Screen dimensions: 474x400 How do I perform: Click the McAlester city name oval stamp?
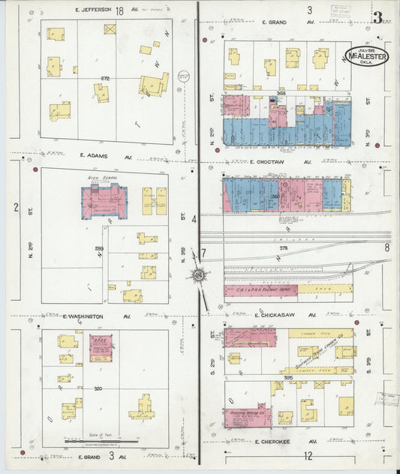(367, 56)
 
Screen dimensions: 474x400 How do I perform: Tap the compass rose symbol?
(199, 276)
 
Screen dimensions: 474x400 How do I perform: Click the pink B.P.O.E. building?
(100, 349)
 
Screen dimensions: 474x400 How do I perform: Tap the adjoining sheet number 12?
(308, 455)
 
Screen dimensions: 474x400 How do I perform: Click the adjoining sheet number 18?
(119, 10)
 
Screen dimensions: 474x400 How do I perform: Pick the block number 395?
(288, 378)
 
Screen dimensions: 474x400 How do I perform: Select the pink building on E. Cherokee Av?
(247, 417)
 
